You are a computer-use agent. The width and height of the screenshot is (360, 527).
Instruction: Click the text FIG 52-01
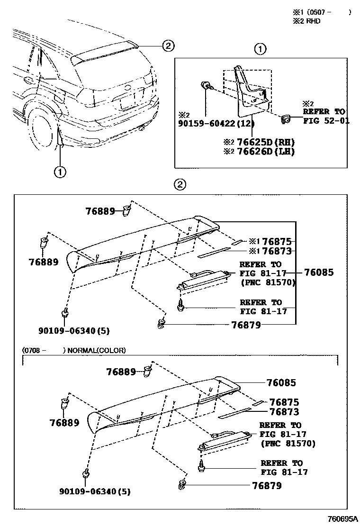(x=326, y=120)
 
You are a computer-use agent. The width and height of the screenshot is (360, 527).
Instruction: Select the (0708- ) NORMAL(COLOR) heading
(x=74, y=351)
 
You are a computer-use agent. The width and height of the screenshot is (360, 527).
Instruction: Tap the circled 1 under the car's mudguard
(x=60, y=172)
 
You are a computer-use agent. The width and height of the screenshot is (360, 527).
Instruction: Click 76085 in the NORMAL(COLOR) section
(x=281, y=383)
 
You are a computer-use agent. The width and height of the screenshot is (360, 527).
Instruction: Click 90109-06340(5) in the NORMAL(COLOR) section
(x=95, y=491)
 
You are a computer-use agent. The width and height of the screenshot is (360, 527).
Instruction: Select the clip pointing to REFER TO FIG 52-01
(x=286, y=120)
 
